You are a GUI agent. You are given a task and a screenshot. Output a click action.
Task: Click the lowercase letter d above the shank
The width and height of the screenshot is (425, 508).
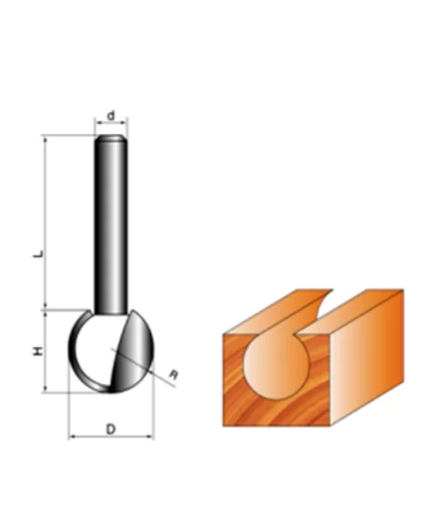click(x=111, y=116)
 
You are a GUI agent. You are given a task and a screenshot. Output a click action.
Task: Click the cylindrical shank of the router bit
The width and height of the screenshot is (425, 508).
click(x=111, y=228)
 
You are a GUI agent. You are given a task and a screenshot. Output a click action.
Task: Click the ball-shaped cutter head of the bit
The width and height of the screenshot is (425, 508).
click(x=96, y=351)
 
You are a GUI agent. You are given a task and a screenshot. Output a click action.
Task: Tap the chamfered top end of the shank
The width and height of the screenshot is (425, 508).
click(x=111, y=139)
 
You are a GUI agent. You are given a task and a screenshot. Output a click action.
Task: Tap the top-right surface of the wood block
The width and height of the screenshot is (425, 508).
click(x=364, y=305)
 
